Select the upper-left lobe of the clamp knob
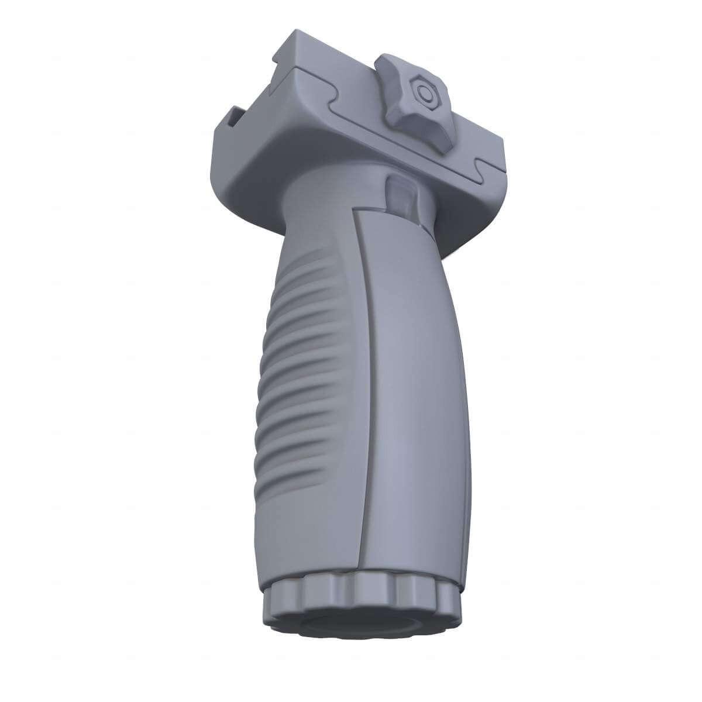tap(393, 63)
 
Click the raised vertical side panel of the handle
tap(409, 409)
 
